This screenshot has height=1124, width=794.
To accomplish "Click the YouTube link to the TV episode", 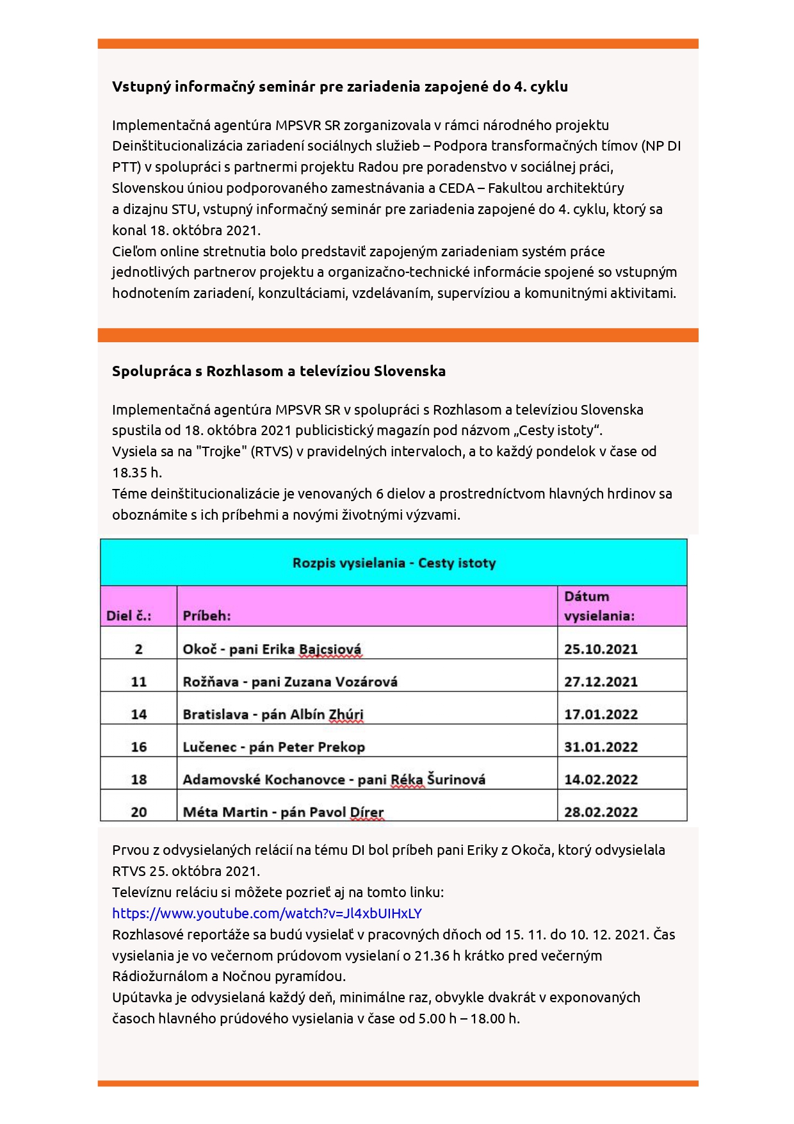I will tap(267, 913).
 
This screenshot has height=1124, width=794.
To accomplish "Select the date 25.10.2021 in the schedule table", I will tap(601, 649).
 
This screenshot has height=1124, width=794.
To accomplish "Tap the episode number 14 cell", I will tap(138, 714).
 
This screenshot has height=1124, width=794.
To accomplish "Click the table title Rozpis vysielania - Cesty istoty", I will tap(394, 563).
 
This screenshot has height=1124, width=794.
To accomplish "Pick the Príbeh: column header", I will tap(207, 615).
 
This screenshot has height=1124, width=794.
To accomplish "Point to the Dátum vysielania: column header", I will tap(599, 606).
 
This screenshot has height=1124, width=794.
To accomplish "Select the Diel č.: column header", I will tap(129, 615).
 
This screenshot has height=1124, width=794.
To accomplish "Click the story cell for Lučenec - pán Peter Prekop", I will tap(273, 747).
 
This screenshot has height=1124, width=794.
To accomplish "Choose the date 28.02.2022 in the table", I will tap(601, 812).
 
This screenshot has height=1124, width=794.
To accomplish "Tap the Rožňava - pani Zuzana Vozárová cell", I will tap(290, 681).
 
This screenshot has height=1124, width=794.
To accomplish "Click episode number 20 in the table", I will tap(138, 812).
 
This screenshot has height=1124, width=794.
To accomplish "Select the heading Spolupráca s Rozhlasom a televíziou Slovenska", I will tap(279, 371).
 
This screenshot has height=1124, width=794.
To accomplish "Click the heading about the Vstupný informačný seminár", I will tap(340, 87).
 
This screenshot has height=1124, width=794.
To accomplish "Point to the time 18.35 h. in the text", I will tap(137, 472).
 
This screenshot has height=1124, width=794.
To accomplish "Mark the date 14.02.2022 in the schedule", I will tap(601, 779).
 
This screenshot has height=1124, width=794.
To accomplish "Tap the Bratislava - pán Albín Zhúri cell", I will tap(273, 714).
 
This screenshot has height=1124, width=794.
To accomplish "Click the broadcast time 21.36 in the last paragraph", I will tap(432, 955).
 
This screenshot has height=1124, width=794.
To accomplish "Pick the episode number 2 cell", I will tap(138, 649).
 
